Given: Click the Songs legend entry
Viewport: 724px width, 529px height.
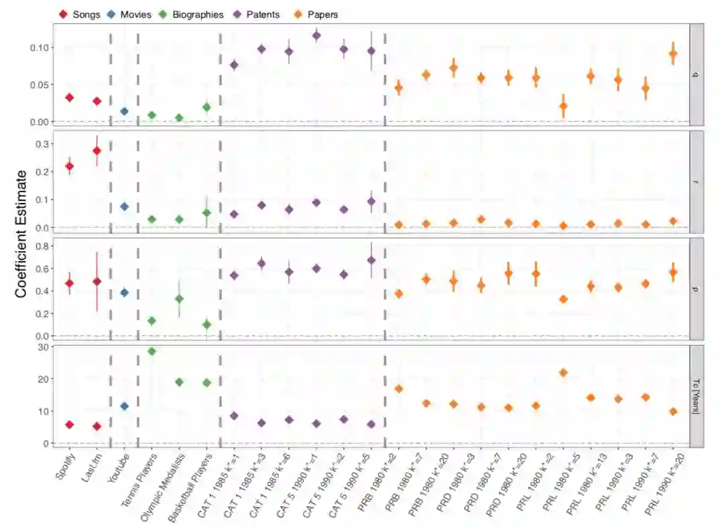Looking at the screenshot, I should pyautogui.click(x=86, y=14).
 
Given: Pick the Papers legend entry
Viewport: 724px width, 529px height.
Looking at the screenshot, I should pyautogui.click(x=322, y=14).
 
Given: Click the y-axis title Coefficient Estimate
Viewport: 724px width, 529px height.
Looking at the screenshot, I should pyautogui.click(x=21, y=233).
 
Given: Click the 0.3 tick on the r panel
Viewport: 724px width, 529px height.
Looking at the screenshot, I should pyautogui.click(x=46, y=144).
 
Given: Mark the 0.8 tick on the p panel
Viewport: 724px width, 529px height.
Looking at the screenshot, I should pyautogui.click(x=46, y=246).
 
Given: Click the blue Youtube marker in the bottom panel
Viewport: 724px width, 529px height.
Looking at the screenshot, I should pyautogui.click(x=124, y=406).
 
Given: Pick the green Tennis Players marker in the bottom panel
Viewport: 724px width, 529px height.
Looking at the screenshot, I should pyautogui.click(x=152, y=351).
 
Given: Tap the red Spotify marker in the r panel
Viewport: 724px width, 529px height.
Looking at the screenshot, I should pyautogui.click(x=69, y=166).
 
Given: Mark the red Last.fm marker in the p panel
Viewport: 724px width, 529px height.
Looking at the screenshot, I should pyautogui.click(x=97, y=281).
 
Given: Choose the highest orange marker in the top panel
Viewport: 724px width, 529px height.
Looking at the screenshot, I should pyautogui.click(x=673, y=54).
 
